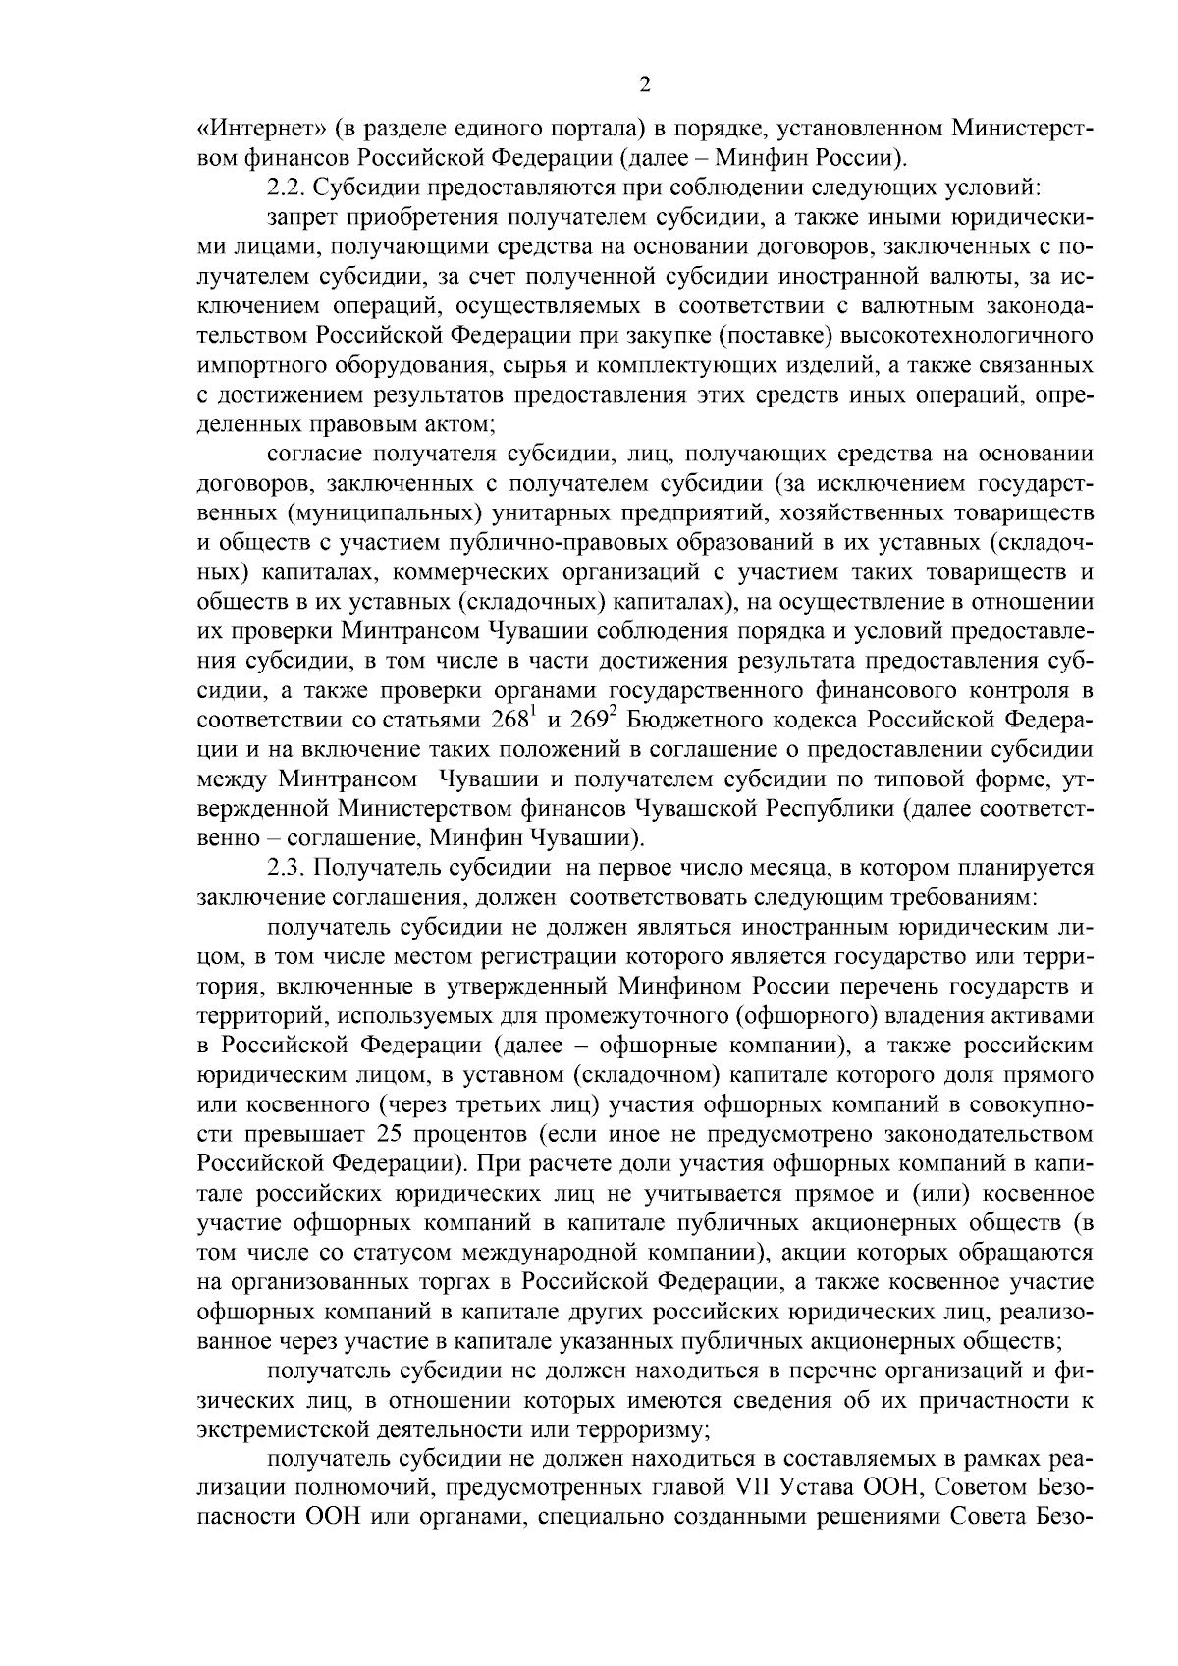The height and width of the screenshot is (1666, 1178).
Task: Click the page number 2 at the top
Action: tap(645, 85)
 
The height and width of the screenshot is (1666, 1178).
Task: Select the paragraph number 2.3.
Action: tap(289, 869)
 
